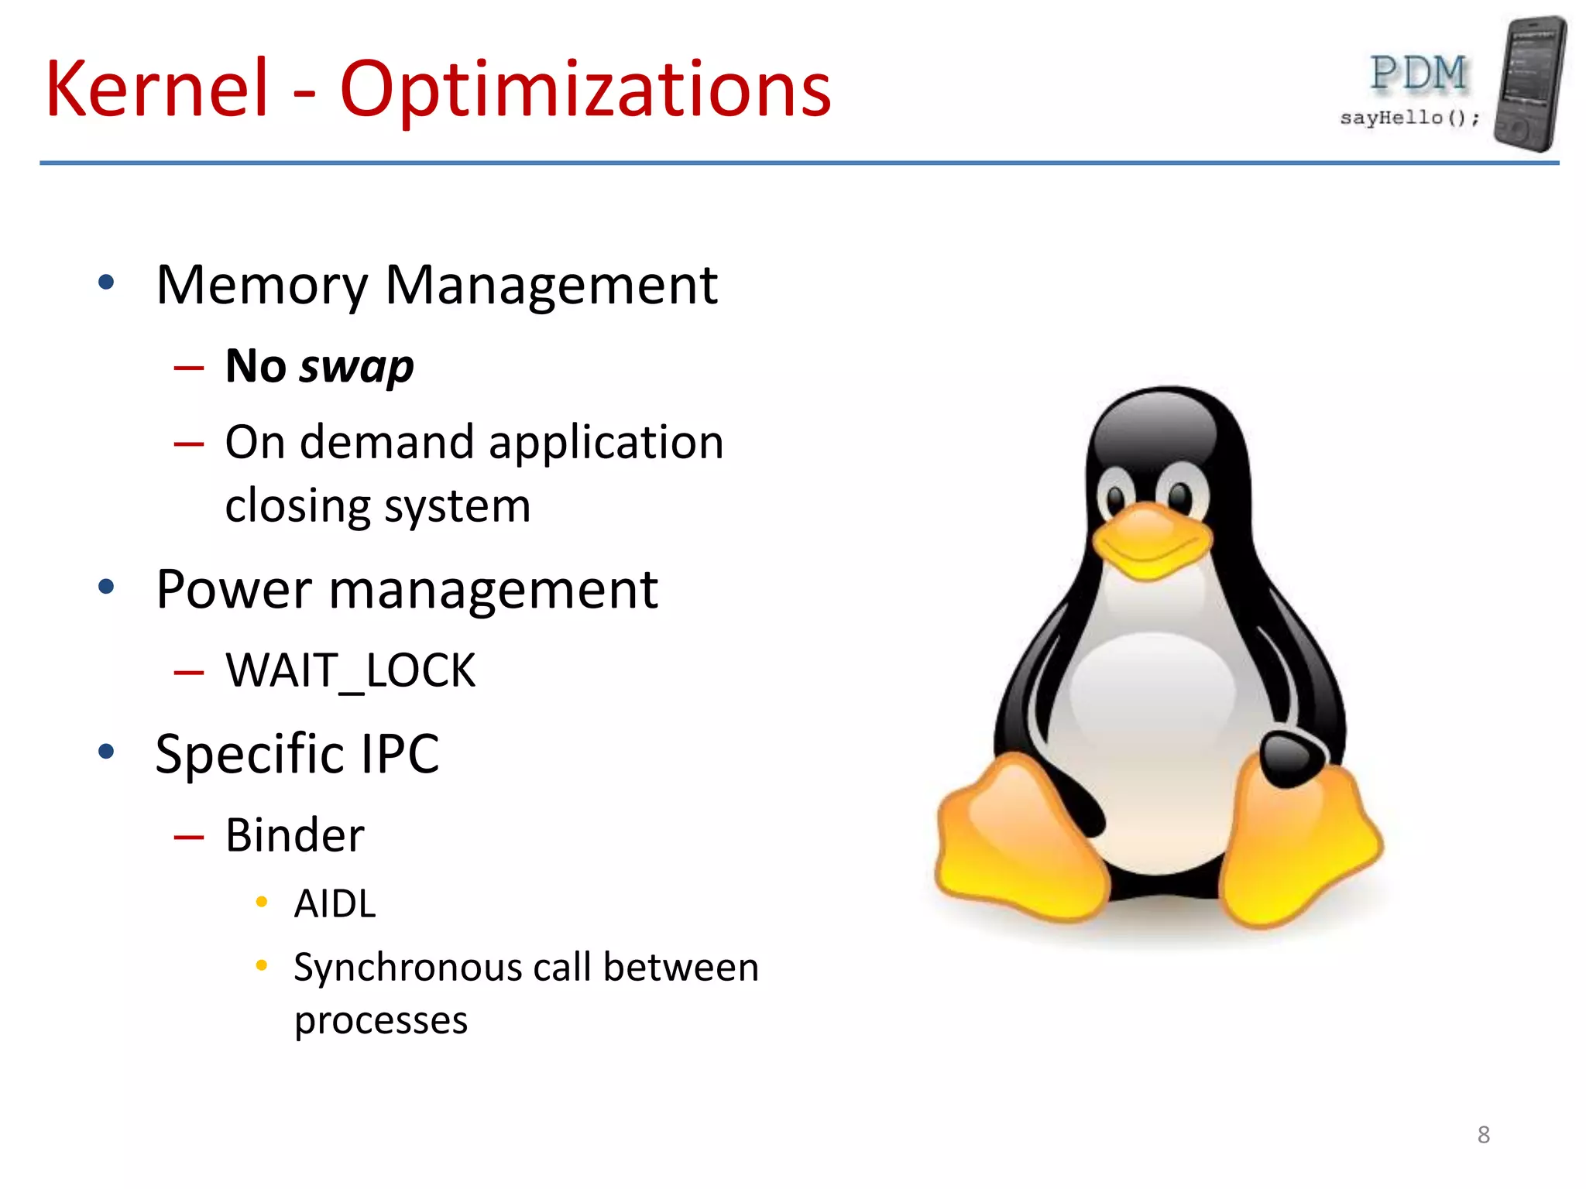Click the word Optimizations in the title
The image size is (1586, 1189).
click(585, 91)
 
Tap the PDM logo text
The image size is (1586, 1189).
click(1418, 74)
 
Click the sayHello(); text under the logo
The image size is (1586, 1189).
click(1409, 118)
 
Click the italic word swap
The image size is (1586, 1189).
click(357, 367)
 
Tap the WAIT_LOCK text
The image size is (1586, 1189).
click(350, 670)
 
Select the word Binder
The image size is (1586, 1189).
click(294, 835)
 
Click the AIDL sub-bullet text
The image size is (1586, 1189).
click(335, 903)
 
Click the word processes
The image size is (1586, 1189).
click(381, 1020)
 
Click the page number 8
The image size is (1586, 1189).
click(1483, 1135)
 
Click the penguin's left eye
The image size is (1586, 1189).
click(1116, 499)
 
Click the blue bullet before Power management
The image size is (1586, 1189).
click(106, 587)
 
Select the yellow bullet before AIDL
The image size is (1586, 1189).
click(262, 902)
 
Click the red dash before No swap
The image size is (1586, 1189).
click(189, 368)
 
